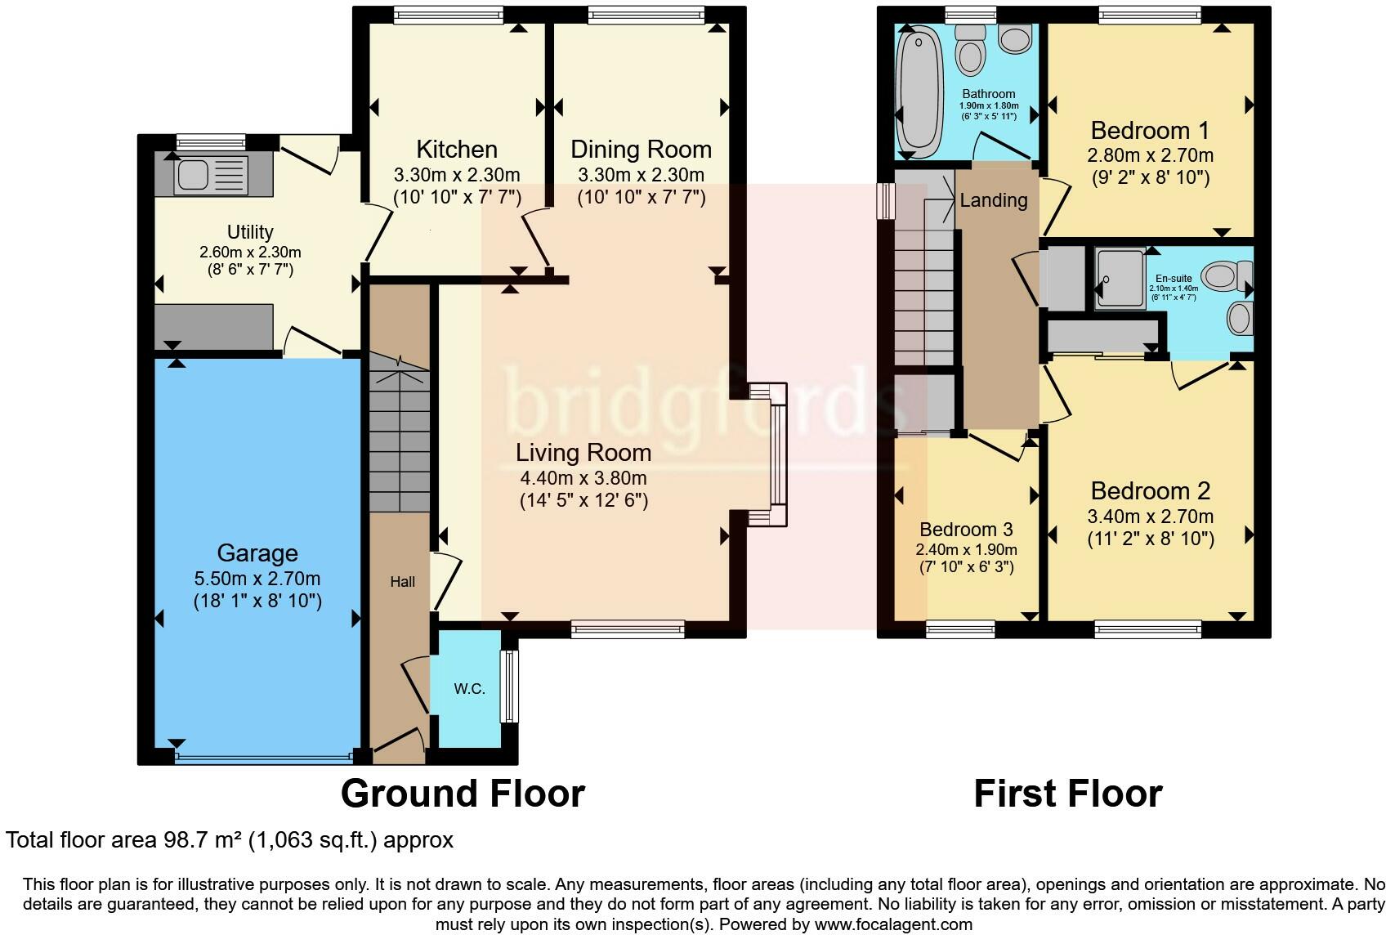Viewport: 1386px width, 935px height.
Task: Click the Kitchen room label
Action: [457, 149]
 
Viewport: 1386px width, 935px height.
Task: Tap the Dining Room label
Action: [641, 150]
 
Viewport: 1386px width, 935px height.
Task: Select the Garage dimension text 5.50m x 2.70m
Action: [257, 579]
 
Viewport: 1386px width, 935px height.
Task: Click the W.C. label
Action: [469, 689]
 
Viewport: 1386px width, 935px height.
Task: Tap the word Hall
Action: [402, 582]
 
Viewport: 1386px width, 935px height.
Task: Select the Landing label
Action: [994, 200]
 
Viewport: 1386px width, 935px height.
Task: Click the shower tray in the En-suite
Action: [1120, 278]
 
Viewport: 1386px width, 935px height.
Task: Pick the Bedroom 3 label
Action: [966, 530]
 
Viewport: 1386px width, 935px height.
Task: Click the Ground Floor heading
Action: [463, 794]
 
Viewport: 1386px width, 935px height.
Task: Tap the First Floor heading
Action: [1068, 794]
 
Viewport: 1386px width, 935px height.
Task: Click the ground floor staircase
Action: [399, 433]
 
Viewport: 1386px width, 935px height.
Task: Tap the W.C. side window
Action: [508, 686]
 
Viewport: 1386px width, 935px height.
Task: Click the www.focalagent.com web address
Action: [893, 924]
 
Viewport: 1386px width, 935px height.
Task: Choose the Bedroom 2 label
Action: [1151, 490]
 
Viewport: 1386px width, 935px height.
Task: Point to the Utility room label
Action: [250, 232]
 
